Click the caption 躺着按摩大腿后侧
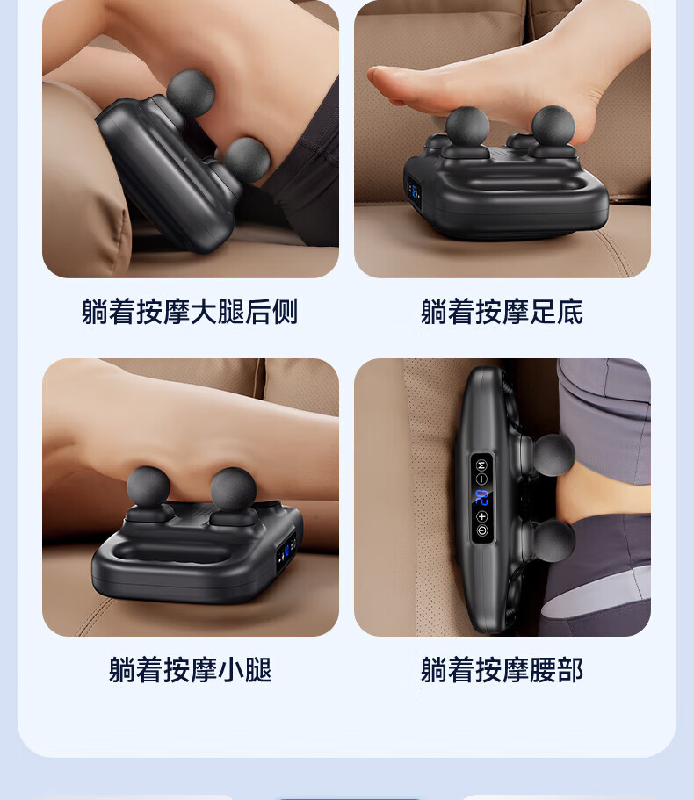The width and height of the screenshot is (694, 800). [190, 311]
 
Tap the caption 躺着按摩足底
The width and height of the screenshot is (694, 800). [502, 311]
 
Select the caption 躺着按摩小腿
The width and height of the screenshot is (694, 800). [190, 669]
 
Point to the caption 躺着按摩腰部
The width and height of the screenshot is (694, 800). [502, 669]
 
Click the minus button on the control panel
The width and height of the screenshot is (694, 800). [481, 479]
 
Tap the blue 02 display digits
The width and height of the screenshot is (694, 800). [481, 497]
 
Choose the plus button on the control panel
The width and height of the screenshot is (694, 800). [481, 516]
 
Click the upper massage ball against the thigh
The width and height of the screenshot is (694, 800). [191, 93]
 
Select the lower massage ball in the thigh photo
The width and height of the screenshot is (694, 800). [247, 159]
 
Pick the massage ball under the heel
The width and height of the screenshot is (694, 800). [553, 126]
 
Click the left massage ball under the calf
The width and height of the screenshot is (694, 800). [148, 488]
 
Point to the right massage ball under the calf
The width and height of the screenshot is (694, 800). [233, 490]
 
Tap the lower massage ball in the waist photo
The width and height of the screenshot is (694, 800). [553, 541]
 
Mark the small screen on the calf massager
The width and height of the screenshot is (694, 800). [286, 551]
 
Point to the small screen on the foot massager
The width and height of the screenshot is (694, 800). [414, 191]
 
